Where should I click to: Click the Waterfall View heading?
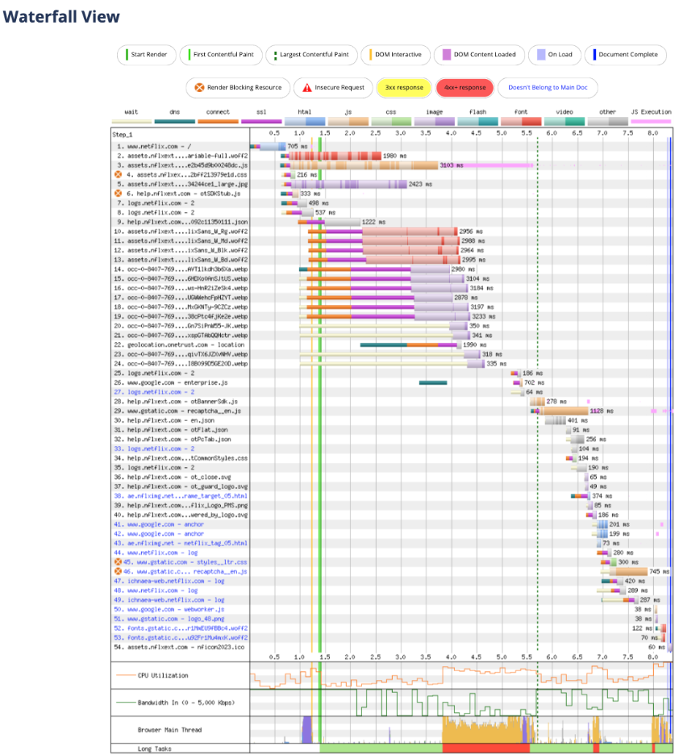[62, 16]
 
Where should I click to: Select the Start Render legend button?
[146, 55]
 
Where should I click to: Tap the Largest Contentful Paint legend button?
[310, 55]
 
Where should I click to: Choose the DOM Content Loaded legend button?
[477, 55]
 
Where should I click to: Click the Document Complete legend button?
[626, 55]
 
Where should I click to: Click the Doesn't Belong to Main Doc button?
[535, 87]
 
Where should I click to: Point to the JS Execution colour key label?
[649, 112]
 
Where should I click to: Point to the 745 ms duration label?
[659, 571]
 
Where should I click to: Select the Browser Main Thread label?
[169, 729]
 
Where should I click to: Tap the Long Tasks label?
[155, 749]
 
